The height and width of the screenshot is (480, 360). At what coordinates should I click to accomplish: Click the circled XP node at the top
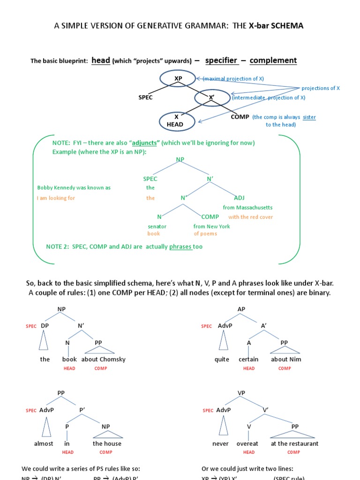coord(178,79)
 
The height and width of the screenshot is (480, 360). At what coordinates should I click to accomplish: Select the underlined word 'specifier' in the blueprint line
coord(221,60)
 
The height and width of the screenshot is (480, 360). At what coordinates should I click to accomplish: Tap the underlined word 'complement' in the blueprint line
coord(273,60)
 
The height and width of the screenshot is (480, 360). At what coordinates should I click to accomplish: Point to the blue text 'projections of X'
coord(321,88)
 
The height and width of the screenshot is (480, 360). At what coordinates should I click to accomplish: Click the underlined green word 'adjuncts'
coord(144,142)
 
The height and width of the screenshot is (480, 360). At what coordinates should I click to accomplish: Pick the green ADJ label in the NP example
coord(239,198)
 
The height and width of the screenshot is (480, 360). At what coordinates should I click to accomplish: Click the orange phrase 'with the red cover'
coord(250,217)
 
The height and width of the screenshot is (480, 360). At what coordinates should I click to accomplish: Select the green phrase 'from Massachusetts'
coord(247,207)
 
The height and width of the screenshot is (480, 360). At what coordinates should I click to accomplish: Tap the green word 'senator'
coord(157,226)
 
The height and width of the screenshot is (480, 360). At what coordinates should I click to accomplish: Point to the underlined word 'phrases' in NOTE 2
coord(181,247)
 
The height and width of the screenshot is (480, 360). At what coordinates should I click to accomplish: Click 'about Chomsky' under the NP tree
coord(103,360)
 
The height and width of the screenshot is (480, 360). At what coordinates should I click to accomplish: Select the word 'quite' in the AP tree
coord(222,360)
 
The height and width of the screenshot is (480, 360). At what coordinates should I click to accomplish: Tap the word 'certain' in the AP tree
coord(248,360)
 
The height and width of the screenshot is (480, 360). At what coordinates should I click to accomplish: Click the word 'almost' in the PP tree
coord(44,443)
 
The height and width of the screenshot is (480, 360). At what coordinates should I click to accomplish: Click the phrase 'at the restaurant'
coord(294,443)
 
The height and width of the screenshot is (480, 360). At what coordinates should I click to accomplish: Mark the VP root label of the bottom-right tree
coord(241,393)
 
